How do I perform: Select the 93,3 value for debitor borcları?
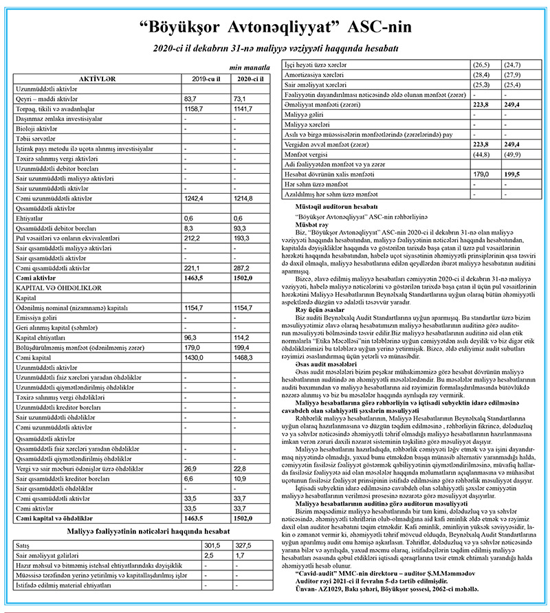[241, 247]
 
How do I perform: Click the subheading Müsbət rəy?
[313, 224]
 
